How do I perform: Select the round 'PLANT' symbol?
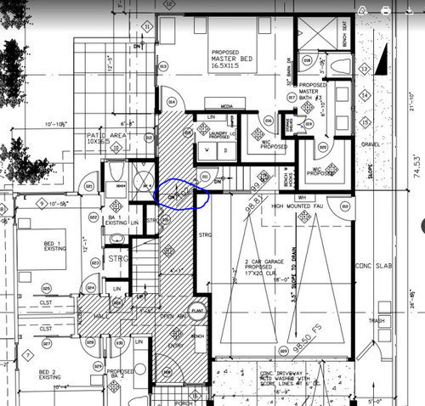[x=198, y=310]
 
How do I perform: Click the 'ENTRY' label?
[x=178, y=345]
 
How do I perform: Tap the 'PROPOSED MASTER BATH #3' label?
[x=313, y=92]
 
